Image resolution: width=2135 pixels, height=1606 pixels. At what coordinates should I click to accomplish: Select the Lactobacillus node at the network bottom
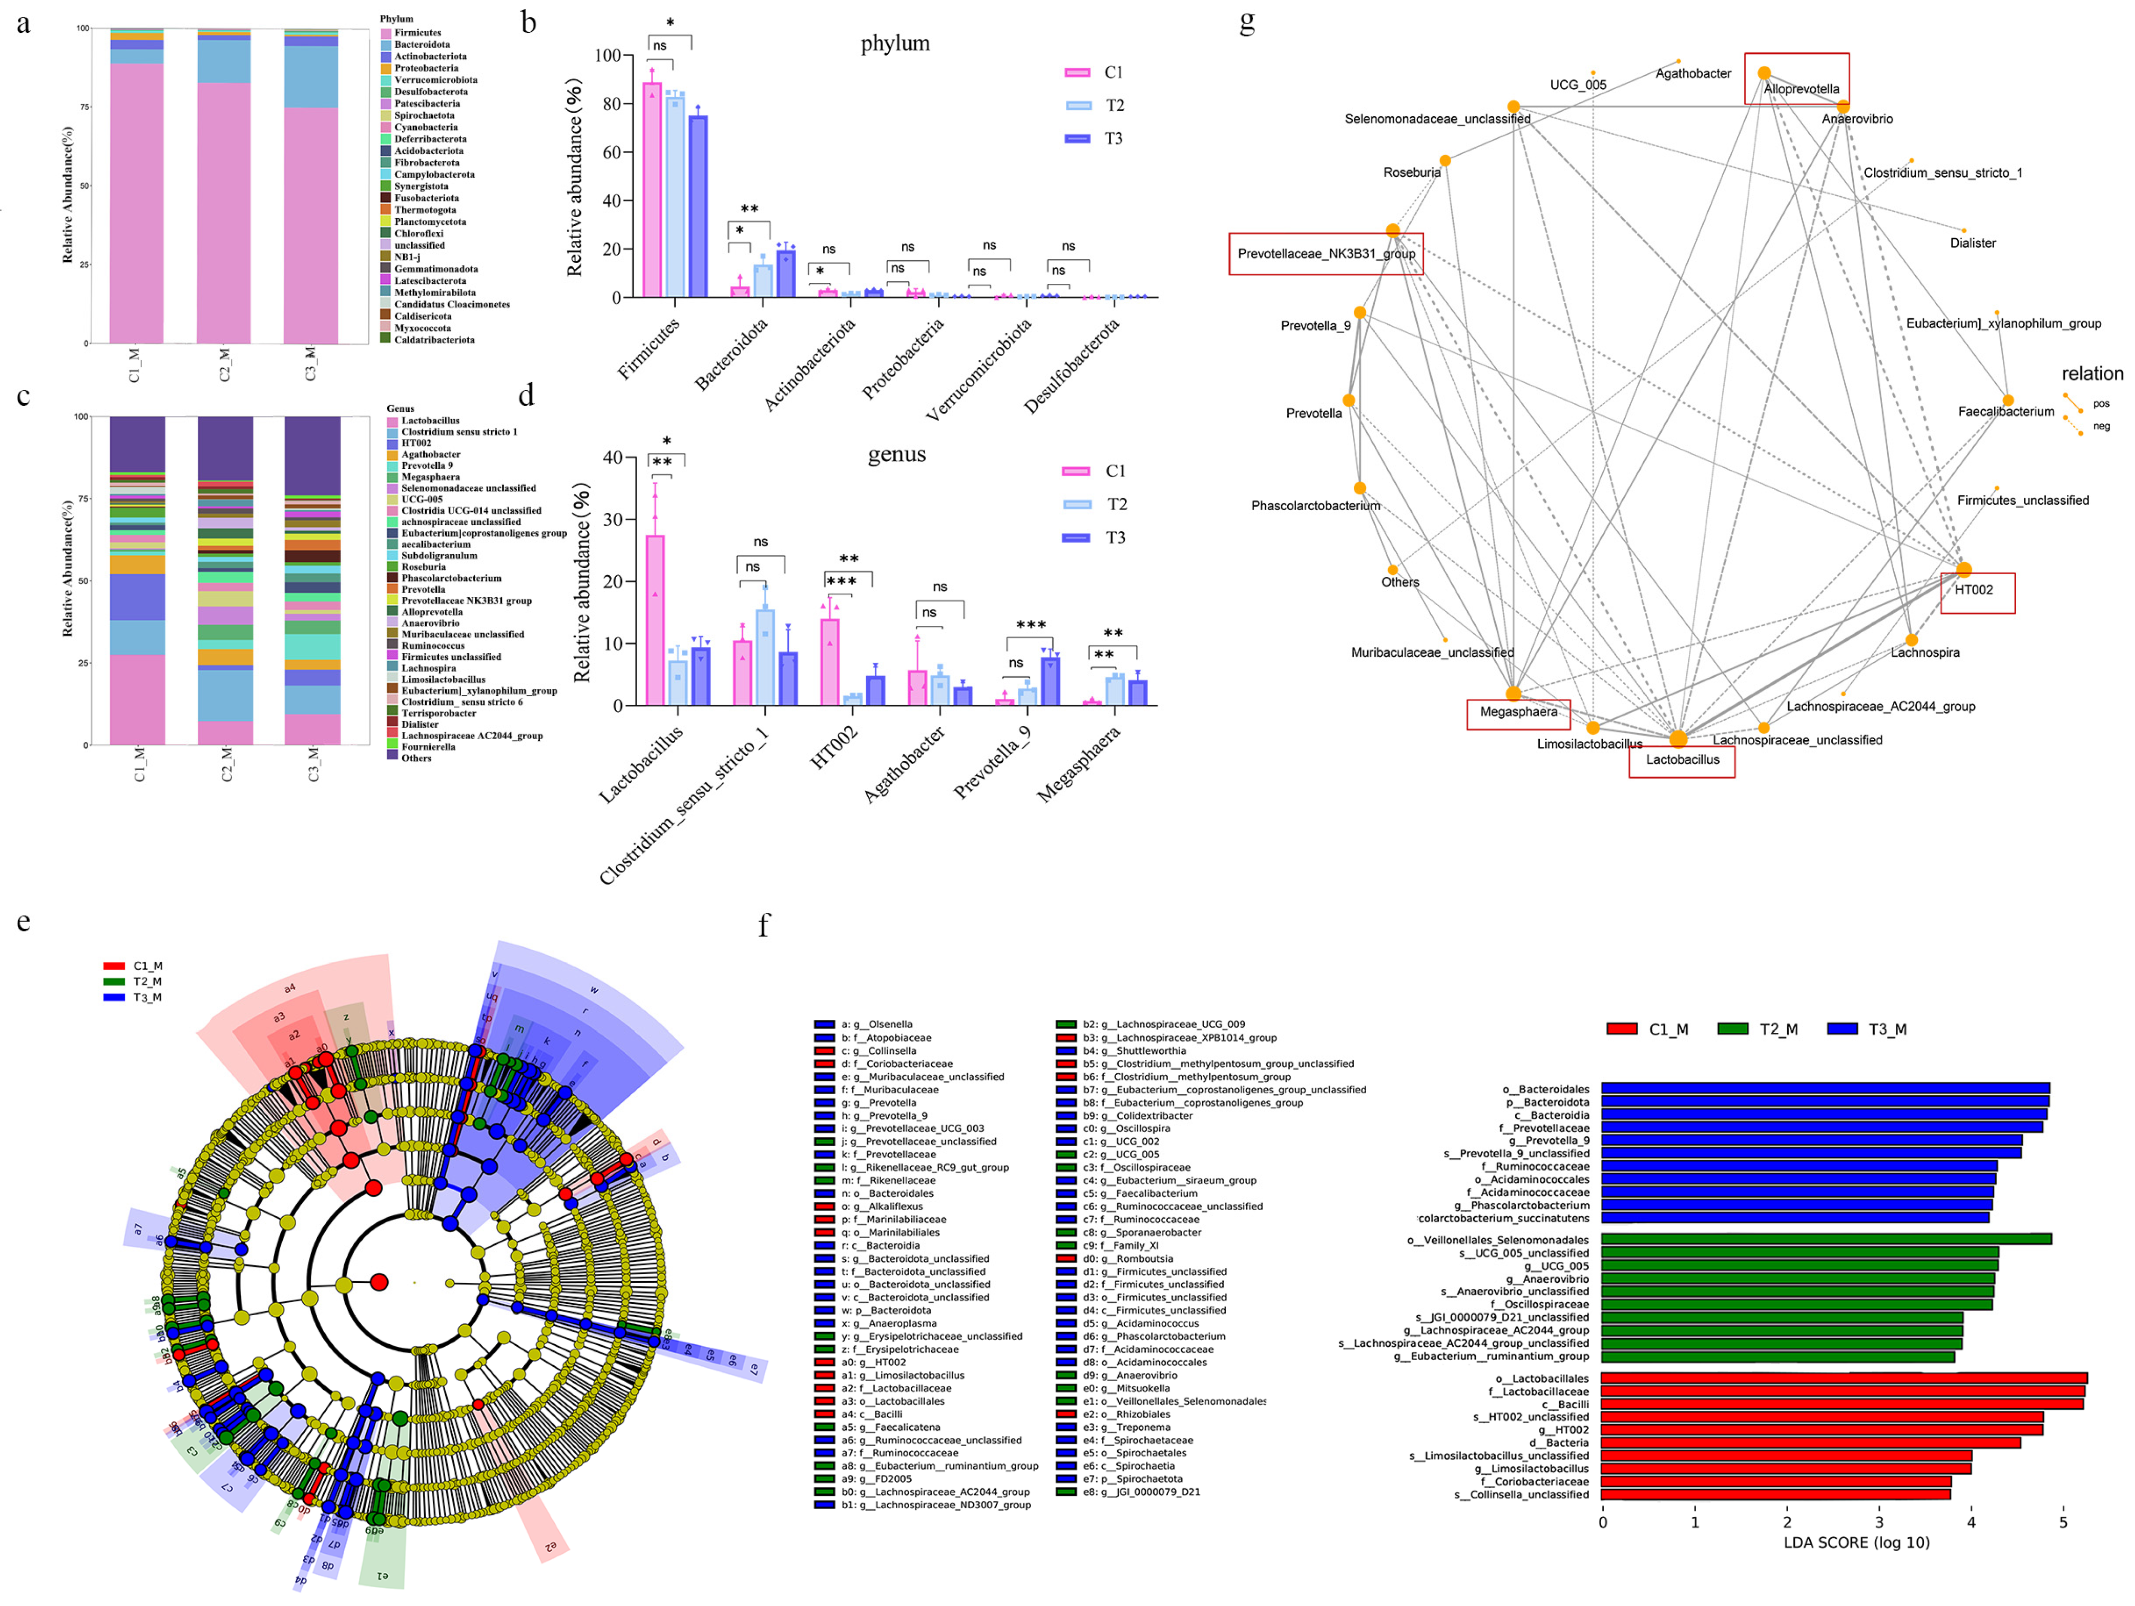click(1679, 739)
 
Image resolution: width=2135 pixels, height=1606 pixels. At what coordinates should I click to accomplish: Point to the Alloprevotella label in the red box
click(1801, 89)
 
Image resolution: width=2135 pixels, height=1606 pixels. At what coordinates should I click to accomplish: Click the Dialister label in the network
click(1973, 243)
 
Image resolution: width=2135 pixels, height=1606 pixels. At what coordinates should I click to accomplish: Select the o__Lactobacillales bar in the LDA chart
click(1844, 1378)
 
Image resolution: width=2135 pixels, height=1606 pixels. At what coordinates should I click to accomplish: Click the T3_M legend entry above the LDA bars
click(1868, 1029)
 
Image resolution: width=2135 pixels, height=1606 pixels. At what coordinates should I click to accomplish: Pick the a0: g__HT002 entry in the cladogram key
click(872, 1362)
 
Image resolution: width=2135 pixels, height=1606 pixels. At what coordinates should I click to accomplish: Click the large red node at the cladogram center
click(380, 1282)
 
